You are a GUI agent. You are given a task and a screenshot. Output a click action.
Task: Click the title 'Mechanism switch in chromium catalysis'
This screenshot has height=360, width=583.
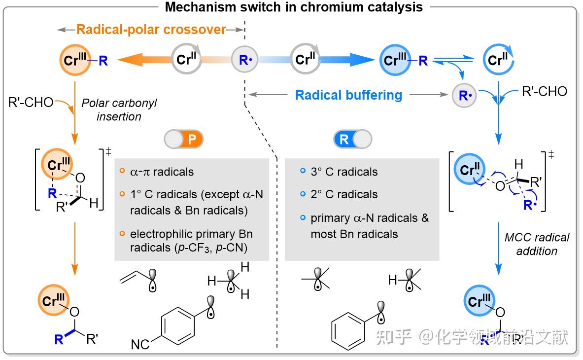(x=293, y=7)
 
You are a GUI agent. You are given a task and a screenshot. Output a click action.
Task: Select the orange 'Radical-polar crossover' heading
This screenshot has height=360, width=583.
(x=151, y=30)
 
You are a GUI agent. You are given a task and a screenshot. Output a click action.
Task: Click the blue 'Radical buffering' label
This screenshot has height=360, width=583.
(x=348, y=94)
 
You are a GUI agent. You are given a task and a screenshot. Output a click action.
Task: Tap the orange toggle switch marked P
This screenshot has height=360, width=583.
(x=184, y=140)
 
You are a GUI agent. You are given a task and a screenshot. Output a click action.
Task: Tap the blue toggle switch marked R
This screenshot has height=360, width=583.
(x=352, y=140)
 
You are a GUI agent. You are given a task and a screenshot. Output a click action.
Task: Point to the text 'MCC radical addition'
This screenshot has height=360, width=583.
(x=537, y=244)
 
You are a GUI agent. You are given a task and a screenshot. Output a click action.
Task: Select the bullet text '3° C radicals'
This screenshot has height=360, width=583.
(x=344, y=172)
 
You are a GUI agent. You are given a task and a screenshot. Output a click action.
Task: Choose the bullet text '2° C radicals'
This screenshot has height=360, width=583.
(x=344, y=194)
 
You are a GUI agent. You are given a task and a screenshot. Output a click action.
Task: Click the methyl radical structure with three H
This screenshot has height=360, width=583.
(x=229, y=281)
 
